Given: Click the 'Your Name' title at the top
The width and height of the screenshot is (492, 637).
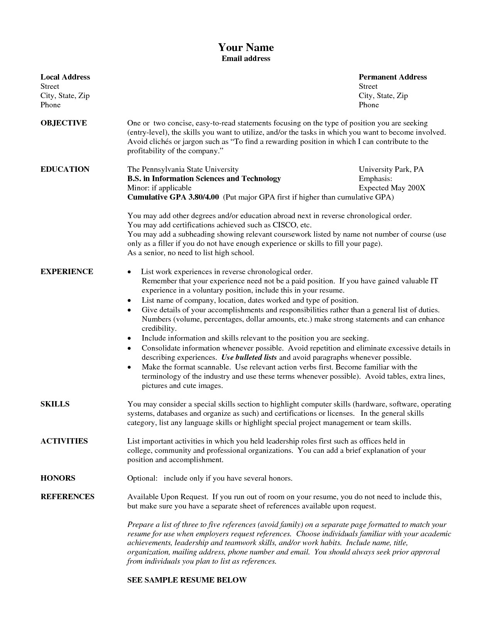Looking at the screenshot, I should click(246, 47).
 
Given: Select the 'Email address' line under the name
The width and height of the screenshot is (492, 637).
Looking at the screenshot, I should click(246, 59).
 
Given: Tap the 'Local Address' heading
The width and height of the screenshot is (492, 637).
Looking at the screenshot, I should click(65, 77).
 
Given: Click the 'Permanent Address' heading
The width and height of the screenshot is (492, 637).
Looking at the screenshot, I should click(392, 77).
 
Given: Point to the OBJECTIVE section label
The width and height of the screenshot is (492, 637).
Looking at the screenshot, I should click(64, 123).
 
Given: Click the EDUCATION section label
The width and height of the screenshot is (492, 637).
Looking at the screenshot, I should click(65, 169).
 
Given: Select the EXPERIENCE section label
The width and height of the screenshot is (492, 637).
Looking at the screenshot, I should click(67, 271).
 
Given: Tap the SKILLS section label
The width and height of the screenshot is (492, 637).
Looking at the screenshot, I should click(55, 404).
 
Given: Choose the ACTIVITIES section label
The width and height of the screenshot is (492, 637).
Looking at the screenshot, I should click(64, 441).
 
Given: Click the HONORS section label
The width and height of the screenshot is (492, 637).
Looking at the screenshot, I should click(58, 478).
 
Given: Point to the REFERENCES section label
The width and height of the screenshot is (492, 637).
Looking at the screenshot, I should click(68, 497).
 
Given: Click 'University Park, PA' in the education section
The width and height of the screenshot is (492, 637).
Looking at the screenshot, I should click(391, 169).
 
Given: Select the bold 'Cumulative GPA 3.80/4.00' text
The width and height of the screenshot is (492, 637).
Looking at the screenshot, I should click(173, 197).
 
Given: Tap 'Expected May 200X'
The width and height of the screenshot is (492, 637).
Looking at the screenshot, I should click(392, 188).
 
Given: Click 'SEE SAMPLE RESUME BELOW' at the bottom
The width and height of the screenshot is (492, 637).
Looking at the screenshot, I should click(187, 580).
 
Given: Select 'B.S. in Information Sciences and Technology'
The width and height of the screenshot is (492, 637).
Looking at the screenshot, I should click(204, 179).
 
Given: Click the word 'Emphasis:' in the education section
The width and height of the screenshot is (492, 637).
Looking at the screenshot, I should click(375, 179).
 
